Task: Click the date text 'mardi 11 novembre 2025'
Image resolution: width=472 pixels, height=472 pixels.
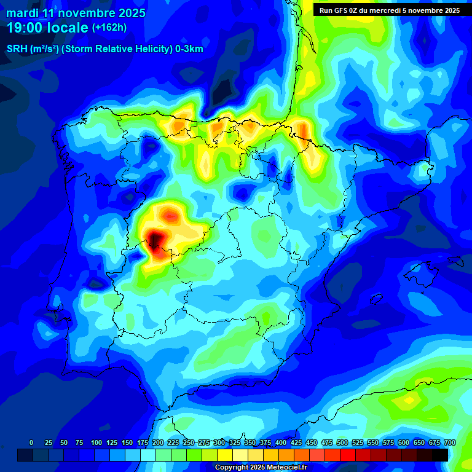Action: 76,13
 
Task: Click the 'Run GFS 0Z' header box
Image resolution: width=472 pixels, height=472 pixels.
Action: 390,10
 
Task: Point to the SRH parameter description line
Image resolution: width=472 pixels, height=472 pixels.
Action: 104,49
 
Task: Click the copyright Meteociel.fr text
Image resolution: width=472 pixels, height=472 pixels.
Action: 261,467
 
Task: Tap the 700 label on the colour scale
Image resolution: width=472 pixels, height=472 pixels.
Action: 449,442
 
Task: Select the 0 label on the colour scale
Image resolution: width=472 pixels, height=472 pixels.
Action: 31,442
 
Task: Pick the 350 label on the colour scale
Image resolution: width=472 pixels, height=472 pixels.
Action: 250,442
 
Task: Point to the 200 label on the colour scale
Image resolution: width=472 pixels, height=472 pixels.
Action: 158,442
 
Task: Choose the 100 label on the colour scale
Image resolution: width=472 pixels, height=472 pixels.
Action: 96,442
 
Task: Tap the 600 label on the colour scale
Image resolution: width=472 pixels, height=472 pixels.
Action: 404,442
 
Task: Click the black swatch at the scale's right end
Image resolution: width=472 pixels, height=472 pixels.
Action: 440,455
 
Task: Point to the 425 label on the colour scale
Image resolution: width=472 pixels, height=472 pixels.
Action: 296,442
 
